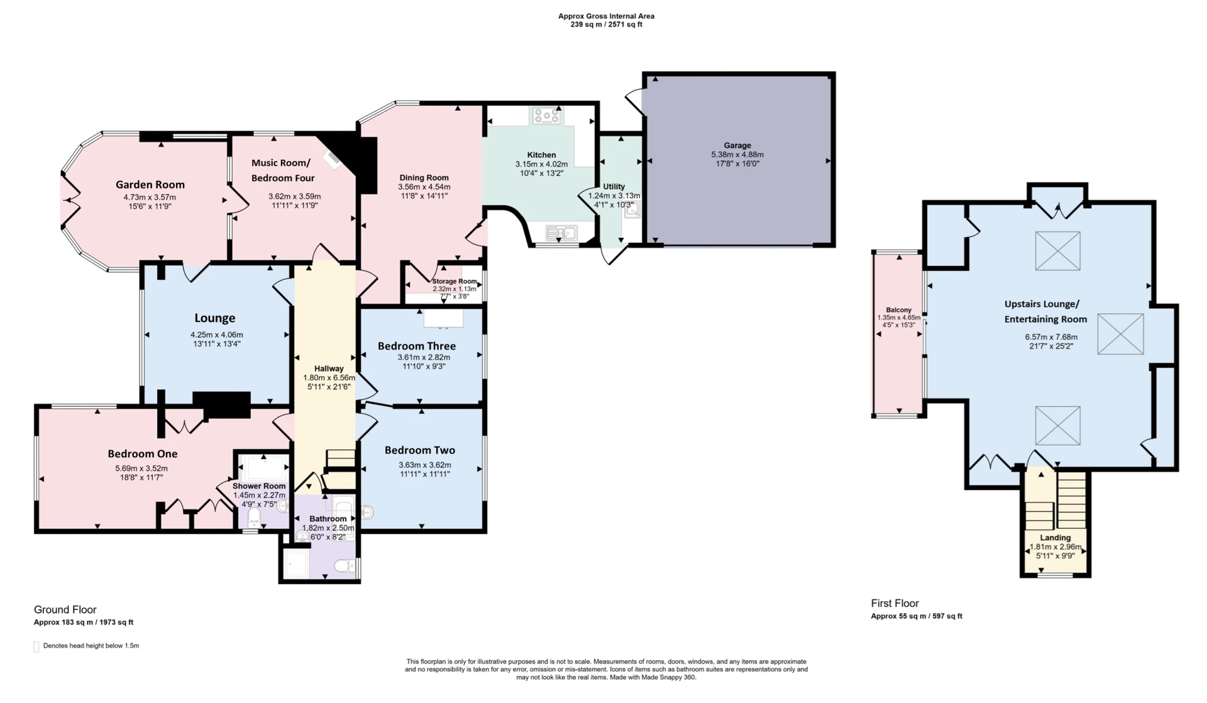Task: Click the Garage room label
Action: [737, 145]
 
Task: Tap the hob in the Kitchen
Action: [546, 116]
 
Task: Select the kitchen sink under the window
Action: [561, 234]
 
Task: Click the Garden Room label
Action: [150, 184]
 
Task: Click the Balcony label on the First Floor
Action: [898, 309]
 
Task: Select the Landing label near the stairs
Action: [1055, 538]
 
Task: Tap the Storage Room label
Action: [454, 281]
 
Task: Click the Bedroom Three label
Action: [416, 346]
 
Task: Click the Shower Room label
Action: [259, 486]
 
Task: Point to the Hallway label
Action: [329, 368]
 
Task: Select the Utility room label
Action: [614, 187]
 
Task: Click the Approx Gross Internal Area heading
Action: [606, 16]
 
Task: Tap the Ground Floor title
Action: [65, 609]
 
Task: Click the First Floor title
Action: [895, 603]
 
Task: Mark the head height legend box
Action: [36, 646]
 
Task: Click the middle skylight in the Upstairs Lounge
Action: [1120, 334]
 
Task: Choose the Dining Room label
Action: [424, 177]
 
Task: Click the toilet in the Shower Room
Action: [254, 518]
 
